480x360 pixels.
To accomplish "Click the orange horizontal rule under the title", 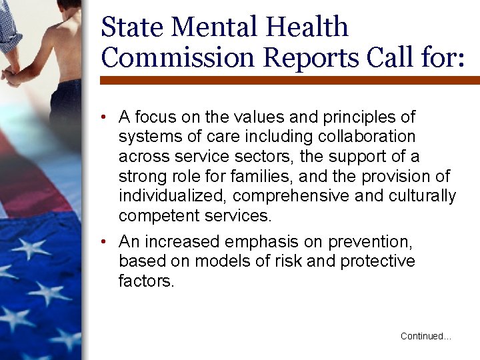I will pos(289,80).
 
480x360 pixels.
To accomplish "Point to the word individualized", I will pos(173,196).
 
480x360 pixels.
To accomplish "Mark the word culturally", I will pos(419,196).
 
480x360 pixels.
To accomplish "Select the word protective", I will pos(378,261).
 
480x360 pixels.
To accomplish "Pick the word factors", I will pos(146,281).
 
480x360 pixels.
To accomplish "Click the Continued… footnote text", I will pos(425,337).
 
